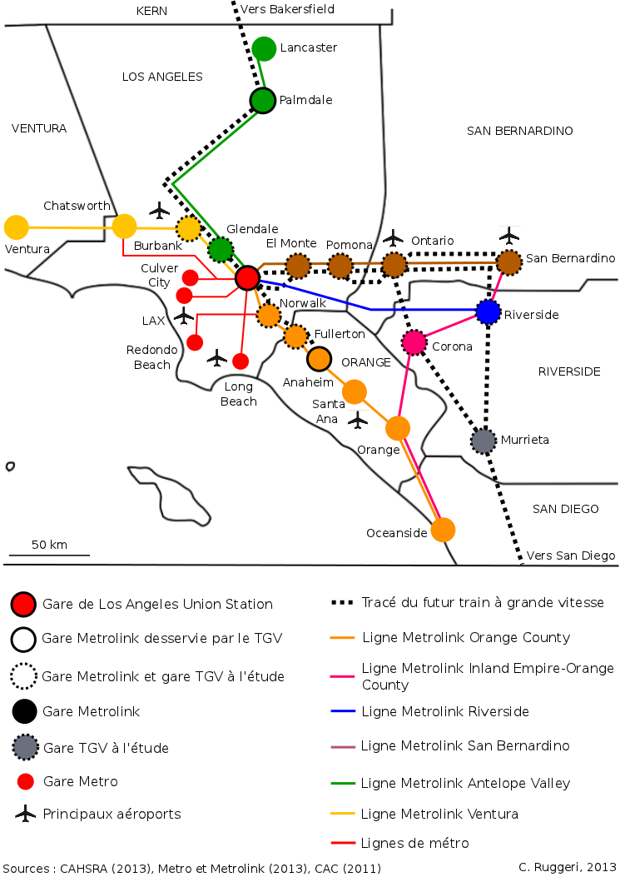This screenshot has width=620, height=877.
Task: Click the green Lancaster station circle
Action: [264, 48]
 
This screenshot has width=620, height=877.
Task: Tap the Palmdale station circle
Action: [263, 101]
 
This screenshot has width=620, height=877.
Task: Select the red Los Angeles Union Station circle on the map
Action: [247, 277]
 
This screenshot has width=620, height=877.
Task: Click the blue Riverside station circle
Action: [488, 312]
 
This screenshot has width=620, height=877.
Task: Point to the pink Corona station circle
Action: [414, 342]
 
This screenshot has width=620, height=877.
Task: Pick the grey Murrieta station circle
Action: [484, 441]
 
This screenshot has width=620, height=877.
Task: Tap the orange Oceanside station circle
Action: [443, 530]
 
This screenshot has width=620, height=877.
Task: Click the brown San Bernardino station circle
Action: [508, 262]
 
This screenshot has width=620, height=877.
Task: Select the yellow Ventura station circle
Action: [16, 227]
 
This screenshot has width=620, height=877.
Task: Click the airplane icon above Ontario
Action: [393, 237]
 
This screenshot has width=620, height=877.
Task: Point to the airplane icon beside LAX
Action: [183, 316]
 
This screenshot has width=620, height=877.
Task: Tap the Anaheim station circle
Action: [320, 359]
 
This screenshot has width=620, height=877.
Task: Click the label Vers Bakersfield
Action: [287, 9]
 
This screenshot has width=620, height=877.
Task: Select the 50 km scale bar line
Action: [49, 556]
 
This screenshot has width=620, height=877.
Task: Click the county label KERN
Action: [151, 11]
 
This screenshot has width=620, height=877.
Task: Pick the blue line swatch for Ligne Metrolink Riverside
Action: [343, 711]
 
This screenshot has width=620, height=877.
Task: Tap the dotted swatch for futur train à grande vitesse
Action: [342, 602]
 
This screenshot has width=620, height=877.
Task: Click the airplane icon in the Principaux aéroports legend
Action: [25, 814]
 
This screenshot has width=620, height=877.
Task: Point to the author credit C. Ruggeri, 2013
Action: [567, 867]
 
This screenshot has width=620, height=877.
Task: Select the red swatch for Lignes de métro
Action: [343, 842]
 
